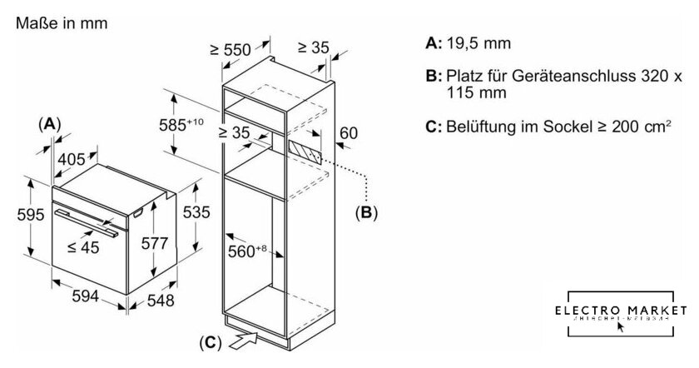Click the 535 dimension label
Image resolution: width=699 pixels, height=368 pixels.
click(196, 212)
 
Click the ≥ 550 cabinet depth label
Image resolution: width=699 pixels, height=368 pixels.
click(231, 50)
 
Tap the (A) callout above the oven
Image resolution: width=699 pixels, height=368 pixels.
click(50, 123)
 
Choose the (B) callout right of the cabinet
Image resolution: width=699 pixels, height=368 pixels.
click(366, 212)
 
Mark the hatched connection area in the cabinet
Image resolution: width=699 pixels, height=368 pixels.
click(305, 151)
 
